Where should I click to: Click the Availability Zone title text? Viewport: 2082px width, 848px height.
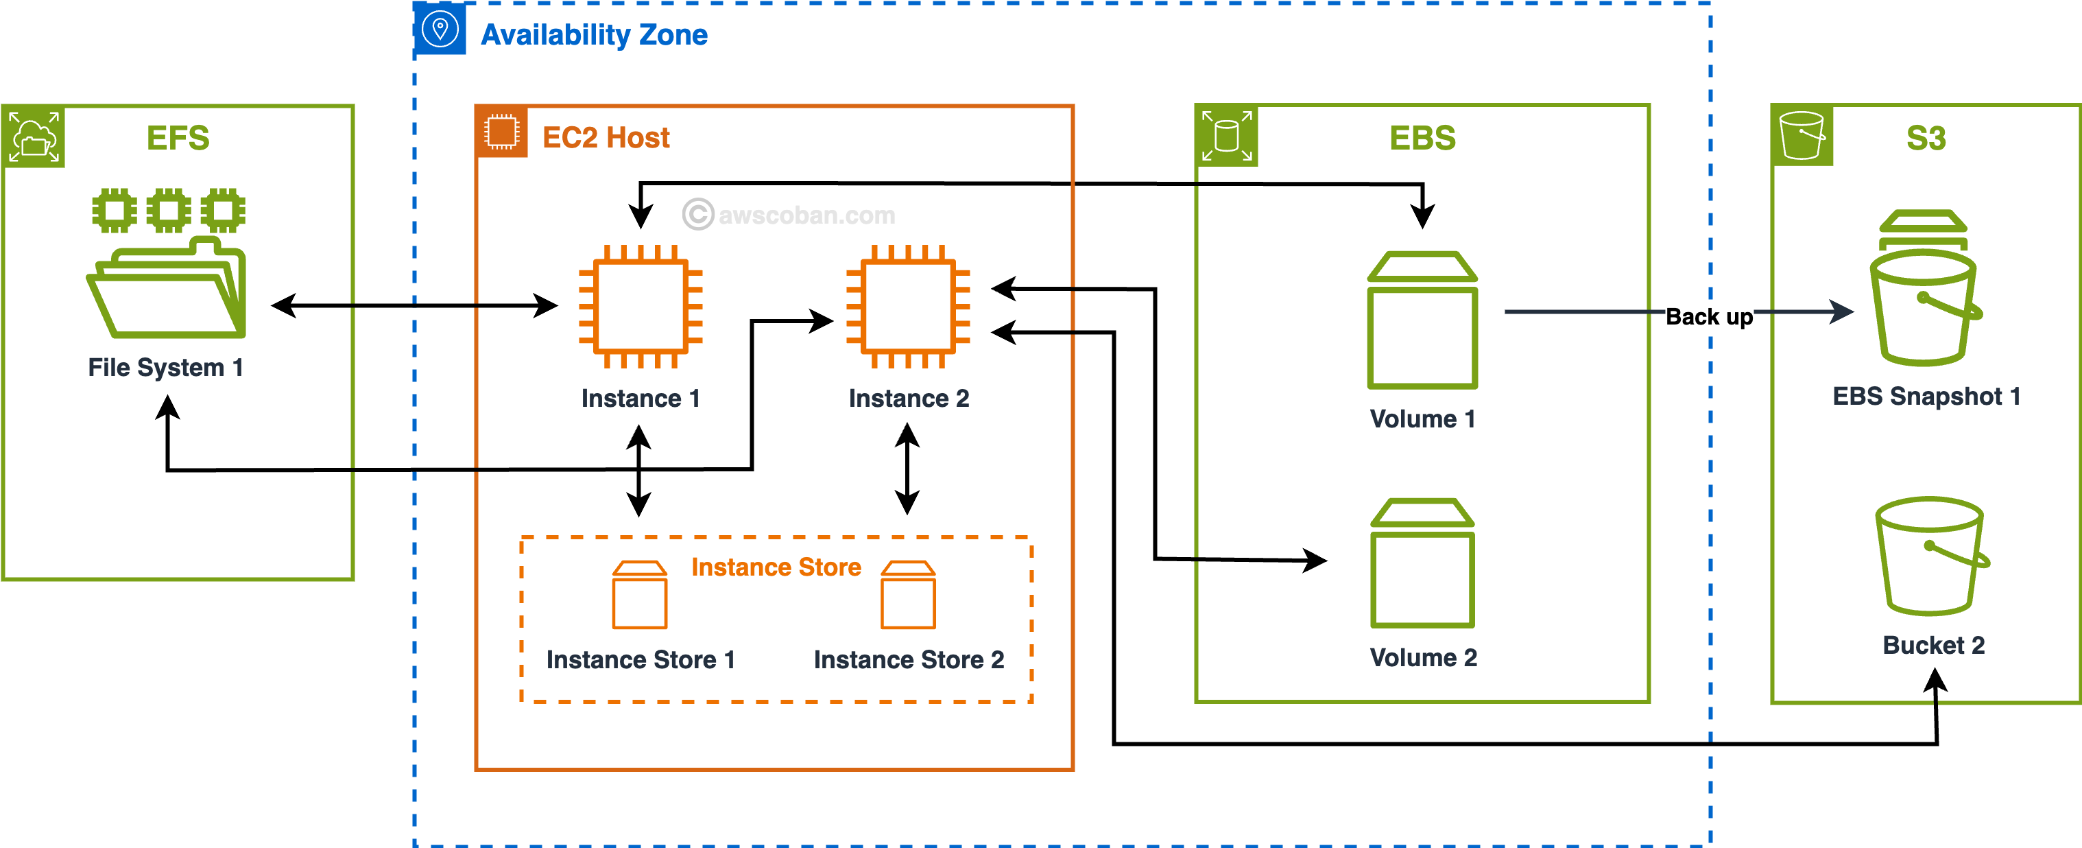tap(594, 35)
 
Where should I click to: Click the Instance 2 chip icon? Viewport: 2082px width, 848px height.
tap(908, 307)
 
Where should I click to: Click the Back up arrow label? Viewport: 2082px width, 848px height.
tap(1710, 316)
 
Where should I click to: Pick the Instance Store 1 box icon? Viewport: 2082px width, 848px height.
tap(639, 595)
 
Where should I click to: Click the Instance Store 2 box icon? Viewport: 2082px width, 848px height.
tap(908, 595)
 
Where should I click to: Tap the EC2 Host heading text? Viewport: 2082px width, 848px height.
tap(606, 137)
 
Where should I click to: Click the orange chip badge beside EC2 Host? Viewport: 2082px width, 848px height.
tap(501, 132)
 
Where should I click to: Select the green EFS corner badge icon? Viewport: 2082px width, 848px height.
tap(33, 137)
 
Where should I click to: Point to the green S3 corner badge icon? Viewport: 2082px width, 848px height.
tap(1802, 135)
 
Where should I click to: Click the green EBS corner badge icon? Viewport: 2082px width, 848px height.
tap(1226, 135)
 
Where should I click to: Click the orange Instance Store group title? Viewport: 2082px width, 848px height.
tap(776, 567)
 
